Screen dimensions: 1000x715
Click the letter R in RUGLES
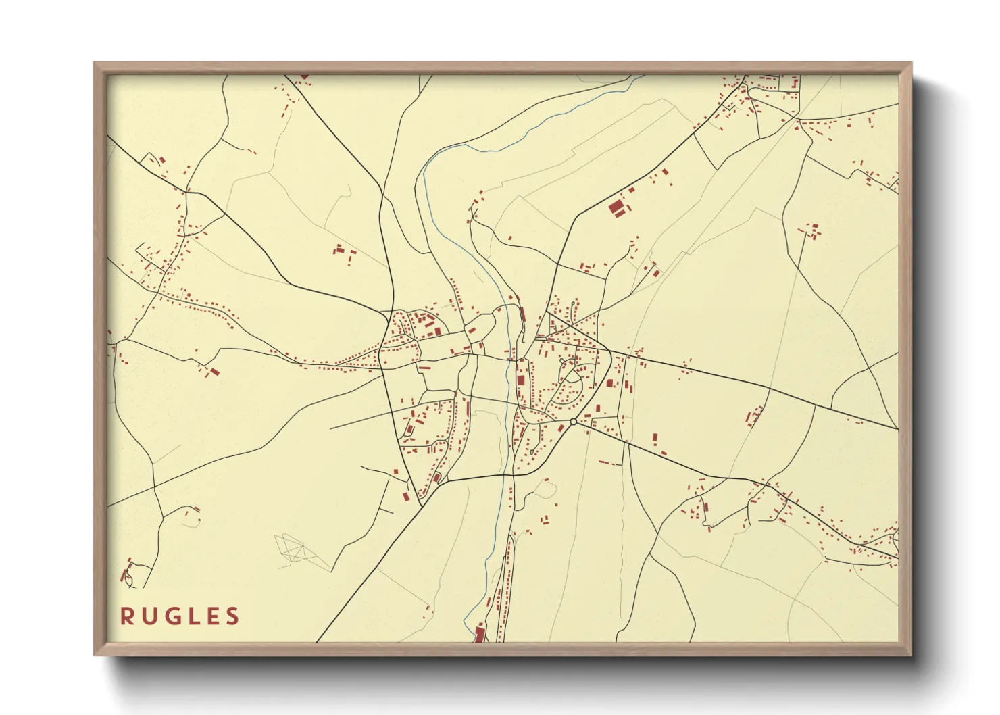(126, 616)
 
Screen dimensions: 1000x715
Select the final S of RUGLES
(232, 616)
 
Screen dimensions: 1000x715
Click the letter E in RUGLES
(211, 616)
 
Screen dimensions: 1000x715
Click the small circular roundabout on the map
(573, 422)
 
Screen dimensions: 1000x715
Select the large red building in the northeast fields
(616, 207)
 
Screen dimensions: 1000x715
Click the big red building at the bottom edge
(480, 634)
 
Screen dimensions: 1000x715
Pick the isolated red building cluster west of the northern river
(343, 253)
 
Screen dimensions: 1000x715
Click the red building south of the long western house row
(214, 371)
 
